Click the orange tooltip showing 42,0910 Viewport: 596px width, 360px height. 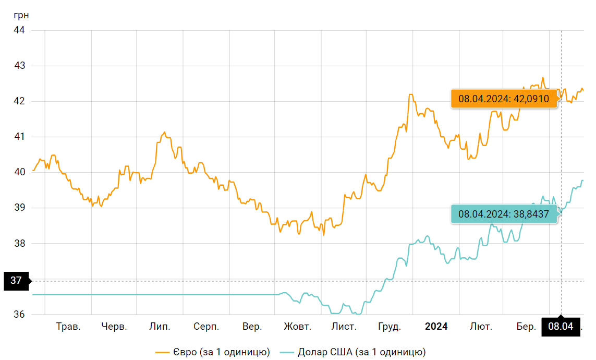click(x=504, y=99)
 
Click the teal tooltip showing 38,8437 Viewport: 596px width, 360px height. click(x=504, y=213)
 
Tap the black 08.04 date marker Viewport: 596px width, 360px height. click(x=561, y=327)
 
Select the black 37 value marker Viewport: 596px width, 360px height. click(x=16, y=281)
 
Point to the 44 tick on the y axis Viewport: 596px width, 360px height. click(x=19, y=30)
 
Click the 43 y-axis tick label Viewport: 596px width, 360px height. click(x=19, y=66)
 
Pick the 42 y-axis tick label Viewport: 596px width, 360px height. click(x=19, y=101)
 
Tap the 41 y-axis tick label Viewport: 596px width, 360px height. click(x=19, y=137)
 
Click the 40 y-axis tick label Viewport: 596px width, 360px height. click(x=19, y=172)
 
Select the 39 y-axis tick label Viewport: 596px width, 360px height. click(x=19, y=208)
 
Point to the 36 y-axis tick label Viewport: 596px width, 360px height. click(x=19, y=315)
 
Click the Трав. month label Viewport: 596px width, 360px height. click(x=68, y=327)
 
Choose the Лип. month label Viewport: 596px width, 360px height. click(x=159, y=327)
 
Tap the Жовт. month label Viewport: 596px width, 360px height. click(x=297, y=327)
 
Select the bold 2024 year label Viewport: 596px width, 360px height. click(x=436, y=327)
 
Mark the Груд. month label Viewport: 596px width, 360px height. click(x=389, y=327)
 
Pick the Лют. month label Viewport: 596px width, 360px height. click(x=481, y=327)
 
